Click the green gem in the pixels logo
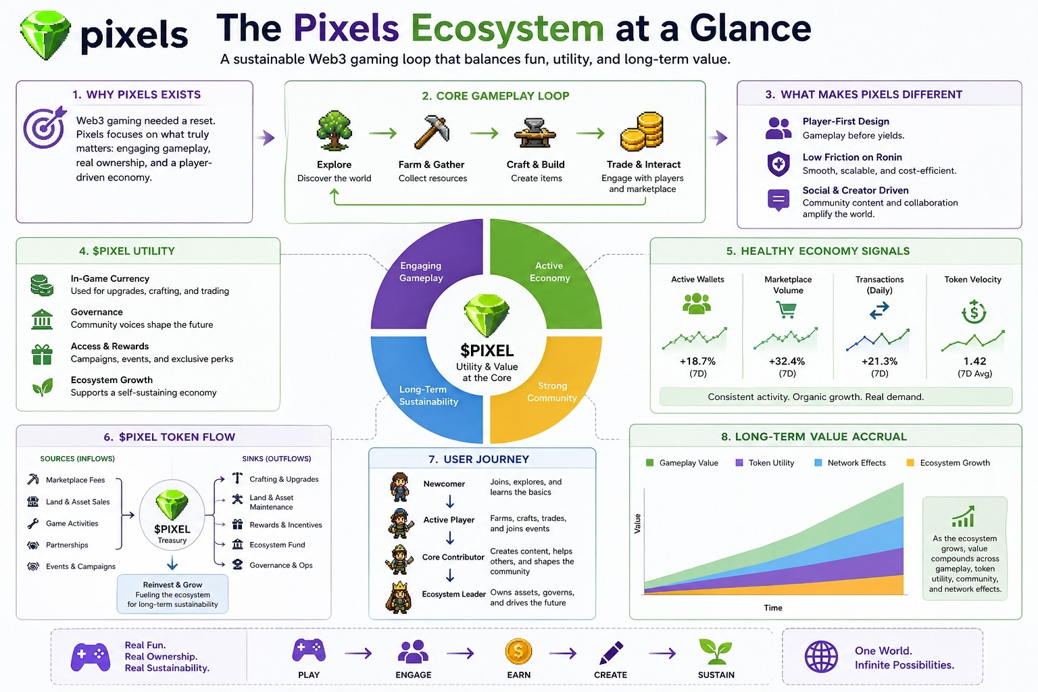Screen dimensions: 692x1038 click(x=45, y=35)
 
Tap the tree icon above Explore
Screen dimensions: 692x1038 click(x=334, y=130)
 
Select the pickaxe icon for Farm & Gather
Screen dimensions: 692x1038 click(x=432, y=132)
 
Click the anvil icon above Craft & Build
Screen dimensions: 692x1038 click(x=535, y=132)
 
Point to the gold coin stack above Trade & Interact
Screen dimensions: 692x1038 click(x=642, y=131)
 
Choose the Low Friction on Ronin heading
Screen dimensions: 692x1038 click(x=852, y=157)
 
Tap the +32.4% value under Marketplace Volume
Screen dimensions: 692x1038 click(x=787, y=362)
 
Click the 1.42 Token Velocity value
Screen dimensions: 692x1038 click(x=974, y=362)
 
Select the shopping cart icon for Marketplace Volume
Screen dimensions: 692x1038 click(x=786, y=310)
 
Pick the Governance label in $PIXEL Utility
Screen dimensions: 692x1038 click(x=97, y=312)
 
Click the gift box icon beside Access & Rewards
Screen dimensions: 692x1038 click(x=42, y=353)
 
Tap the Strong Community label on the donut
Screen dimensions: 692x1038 click(x=552, y=392)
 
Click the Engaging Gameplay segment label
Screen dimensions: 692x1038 click(x=421, y=272)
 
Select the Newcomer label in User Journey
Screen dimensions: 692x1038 click(x=444, y=484)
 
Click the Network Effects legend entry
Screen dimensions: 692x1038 click(x=856, y=463)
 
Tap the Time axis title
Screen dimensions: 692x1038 click(x=773, y=608)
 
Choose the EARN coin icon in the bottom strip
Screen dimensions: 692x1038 click(x=518, y=652)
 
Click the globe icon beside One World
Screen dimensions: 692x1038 click(x=821, y=656)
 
